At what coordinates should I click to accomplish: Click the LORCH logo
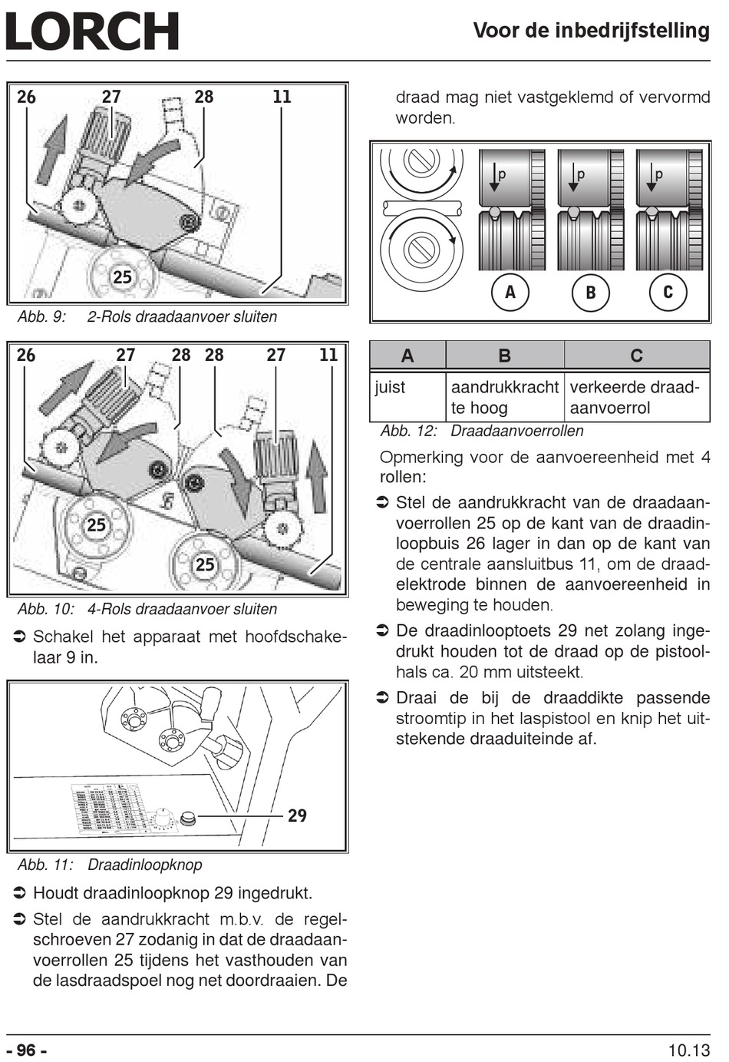pyautogui.click(x=92, y=31)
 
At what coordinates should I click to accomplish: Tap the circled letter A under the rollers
pyautogui.click(x=510, y=292)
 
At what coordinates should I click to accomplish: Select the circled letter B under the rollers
pyautogui.click(x=591, y=292)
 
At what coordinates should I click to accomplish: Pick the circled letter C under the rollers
pyautogui.click(x=668, y=292)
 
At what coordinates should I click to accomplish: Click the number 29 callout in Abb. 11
pyautogui.click(x=297, y=816)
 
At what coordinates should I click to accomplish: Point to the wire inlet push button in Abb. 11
pyautogui.click(x=188, y=817)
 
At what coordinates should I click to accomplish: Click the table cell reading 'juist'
pyautogui.click(x=389, y=387)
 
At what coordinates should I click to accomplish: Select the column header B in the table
pyautogui.click(x=505, y=356)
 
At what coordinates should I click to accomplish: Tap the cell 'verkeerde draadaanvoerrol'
pyautogui.click(x=635, y=397)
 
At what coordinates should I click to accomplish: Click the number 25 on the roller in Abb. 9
pyautogui.click(x=122, y=277)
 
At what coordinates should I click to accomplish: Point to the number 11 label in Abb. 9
pyautogui.click(x=282, y=97)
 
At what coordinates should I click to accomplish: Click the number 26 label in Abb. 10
pyautogui.click(x=26, y=355)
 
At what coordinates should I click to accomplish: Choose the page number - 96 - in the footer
pyautogui.click(x=27, y=1050)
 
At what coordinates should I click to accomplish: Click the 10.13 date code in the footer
pyautogui.click(x=689, y=1050)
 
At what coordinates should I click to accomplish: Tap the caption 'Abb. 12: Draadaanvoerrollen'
pyautogui.click(x=482, y=431)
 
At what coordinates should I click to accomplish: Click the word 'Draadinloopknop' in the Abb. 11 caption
pyautogui.click(x=145, y=865)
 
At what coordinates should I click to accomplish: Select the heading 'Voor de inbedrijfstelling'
pyautogui.click(x=592, y=31)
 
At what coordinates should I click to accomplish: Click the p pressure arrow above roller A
pyautogui.click(x=494, y=177)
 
